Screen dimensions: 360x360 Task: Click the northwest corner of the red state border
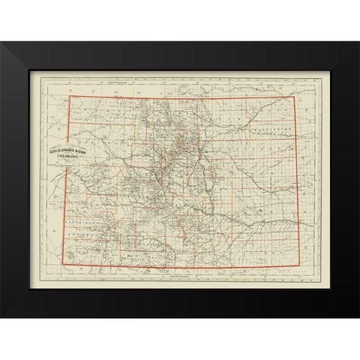point(70,97)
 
